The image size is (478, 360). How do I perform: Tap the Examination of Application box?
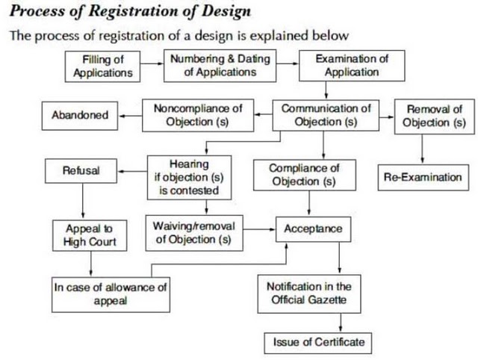(352, 65)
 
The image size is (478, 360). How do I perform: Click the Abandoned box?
(80, 115)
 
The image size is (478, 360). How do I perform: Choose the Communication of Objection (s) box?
(326, 115)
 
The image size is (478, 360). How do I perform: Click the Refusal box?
(81, 171)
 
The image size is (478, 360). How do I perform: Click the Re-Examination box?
(423, 178)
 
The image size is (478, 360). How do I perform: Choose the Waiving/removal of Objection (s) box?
(193, 233)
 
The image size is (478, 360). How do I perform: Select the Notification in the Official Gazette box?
(314, 294)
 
